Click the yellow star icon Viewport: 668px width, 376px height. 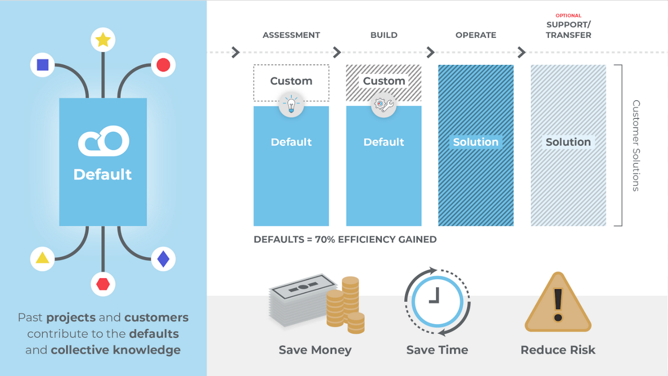[103, 40]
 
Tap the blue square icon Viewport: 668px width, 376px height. [43, 65]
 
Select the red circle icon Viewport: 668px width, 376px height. [163, 65]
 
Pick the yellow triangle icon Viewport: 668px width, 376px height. [42, 258]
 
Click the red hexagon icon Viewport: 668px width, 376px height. [103, 284]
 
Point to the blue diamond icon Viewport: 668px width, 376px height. [163, 259]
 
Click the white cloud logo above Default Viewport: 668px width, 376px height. [103, 141]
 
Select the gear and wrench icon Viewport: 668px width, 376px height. [384, 104]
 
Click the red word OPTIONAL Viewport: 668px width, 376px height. [568, 15]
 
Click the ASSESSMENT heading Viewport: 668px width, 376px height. [291, 35]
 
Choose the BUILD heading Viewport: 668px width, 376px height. [384, 35]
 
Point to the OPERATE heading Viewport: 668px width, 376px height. [476, 35]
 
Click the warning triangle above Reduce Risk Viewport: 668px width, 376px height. [558, 302]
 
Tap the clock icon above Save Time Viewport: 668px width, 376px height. [437, 302]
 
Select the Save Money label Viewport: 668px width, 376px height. [315, 350]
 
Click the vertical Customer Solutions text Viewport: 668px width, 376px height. [636, 146]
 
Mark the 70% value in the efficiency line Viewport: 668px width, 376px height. [325, 240]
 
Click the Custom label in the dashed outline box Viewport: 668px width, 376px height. [291, 81]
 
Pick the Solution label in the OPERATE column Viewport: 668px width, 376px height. [476, 142]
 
